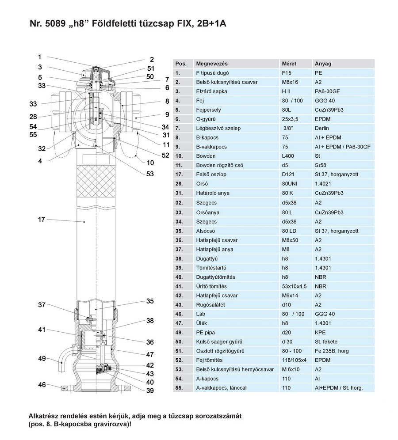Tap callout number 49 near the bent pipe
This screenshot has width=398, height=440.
42,358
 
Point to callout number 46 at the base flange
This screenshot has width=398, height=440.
42,385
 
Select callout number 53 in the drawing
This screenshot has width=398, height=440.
150,174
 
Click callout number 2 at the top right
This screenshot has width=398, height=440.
152,59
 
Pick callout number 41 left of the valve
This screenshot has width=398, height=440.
42,330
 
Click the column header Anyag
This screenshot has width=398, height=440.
322,63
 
